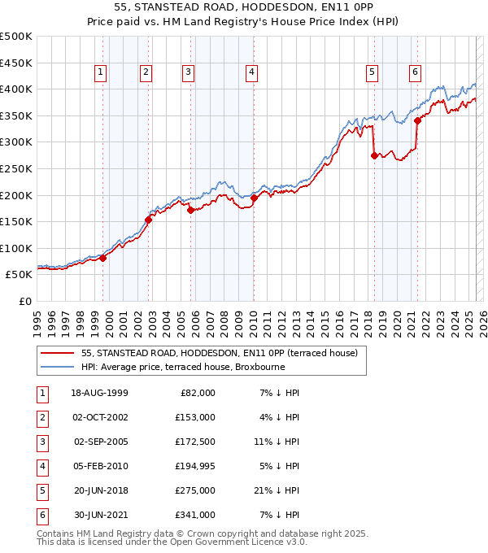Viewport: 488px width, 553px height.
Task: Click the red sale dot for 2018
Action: pyautogui.click(x=374, y=155)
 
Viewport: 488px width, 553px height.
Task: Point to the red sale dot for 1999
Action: pyautogui.click(x=103, y=258)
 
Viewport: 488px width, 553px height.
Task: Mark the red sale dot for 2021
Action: pyautogui.click(x=417, y=120)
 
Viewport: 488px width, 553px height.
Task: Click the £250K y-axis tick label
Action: pyautogui.click(x=16, y=168)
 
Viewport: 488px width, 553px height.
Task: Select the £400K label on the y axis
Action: pyautogui.click(x=16, y=89)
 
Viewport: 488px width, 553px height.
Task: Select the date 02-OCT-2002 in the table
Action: pyautogui.click(x=100, y=417)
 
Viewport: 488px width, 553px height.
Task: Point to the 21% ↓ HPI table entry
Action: pyautogui.click(x=280, y=490)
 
